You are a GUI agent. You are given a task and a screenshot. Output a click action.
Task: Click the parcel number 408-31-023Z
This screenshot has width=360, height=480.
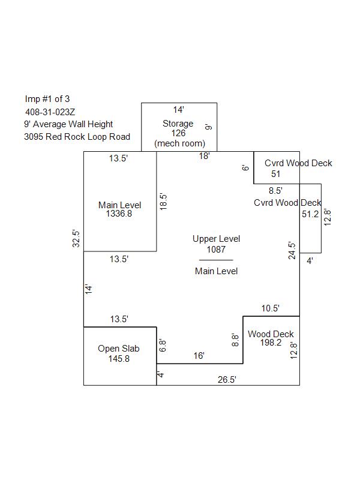click(x=50, y=112)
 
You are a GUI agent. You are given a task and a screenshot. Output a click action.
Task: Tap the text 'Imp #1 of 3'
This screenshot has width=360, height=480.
click(x=47, y=99)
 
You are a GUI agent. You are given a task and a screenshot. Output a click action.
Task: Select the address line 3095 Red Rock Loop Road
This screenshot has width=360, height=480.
click(x=77, y=137)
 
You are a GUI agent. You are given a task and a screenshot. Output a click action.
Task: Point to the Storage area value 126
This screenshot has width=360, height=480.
click(x=178, y=133)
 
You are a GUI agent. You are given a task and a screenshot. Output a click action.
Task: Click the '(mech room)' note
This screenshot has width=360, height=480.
click(x=179, y=143)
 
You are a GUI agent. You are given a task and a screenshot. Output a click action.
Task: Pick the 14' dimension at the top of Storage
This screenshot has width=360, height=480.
click(x=178, y=110)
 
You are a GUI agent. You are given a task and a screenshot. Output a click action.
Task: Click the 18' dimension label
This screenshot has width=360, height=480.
click(x=204, y=156)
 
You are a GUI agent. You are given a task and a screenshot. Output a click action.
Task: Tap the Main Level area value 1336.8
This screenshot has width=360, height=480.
click(x=119, y=214)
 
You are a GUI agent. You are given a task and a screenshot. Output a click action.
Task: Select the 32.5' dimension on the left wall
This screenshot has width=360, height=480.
click(x=76, y=238)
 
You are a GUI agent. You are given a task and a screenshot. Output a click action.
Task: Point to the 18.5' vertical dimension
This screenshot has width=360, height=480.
click(x=163, y=202)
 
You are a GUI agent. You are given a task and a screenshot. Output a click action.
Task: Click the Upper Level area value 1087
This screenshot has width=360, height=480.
click(x=216, y=250)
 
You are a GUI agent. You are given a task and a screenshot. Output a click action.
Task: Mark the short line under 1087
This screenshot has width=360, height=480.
click(x=216, y=260)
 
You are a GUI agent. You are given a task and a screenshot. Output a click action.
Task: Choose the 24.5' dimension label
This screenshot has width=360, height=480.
click(x=292, y=251)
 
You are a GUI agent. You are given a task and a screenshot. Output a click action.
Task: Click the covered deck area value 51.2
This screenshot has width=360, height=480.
click(x=310, y=214)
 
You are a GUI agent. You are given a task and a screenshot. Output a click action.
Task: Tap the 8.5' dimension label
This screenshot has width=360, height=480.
click(x=275, y=191)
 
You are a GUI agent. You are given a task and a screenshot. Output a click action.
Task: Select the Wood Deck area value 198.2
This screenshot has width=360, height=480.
click(x=271, y=343)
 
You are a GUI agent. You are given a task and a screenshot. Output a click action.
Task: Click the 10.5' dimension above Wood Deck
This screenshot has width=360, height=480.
click(x=271, y=308)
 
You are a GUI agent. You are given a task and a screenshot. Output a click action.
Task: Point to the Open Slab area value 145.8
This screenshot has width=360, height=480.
click(x=119, y=359)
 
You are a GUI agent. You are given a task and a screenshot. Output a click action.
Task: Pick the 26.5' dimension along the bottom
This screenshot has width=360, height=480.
click(x=227, y=380)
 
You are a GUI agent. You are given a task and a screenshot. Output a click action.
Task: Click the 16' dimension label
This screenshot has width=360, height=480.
click(x=199, y=356)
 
